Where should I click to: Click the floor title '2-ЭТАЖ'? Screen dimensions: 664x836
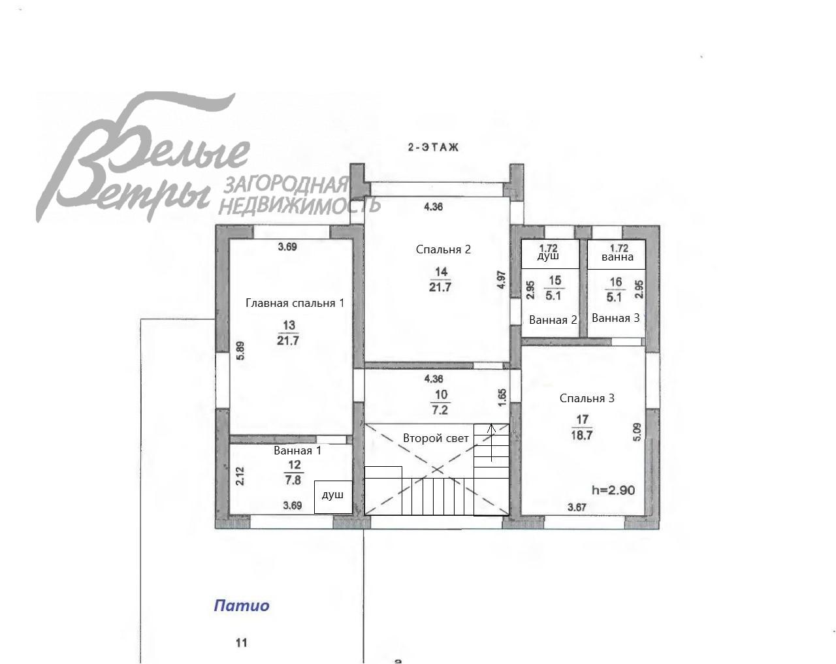point(433,148)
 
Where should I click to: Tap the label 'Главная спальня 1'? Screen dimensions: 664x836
point(295,303)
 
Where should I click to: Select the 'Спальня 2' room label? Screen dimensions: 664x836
point(443,249)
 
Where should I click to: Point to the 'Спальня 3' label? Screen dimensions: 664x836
point(587,398)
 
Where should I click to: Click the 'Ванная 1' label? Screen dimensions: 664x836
point(297,451)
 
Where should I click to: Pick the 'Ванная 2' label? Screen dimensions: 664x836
point(553,320)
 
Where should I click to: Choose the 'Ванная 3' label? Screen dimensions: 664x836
point(615,318)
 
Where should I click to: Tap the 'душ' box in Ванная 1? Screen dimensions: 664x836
point(333,496)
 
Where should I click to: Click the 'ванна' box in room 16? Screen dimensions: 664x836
point(617,255)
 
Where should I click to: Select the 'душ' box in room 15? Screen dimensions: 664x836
point(549,254)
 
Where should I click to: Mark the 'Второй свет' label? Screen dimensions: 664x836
point(436,438)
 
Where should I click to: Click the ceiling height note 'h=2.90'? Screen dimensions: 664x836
point(613,490)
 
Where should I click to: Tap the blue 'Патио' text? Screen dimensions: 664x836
point(242,606)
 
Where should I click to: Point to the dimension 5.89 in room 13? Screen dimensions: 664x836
point(240,351)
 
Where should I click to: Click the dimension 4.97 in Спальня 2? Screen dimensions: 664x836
point(501,280)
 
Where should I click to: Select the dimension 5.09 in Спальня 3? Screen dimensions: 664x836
point(637,432)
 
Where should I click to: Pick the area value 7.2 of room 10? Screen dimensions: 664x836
point(440,411)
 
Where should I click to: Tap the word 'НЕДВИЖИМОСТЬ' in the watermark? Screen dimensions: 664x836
point(298,206)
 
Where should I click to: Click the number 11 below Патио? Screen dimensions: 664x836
point(242,643)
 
